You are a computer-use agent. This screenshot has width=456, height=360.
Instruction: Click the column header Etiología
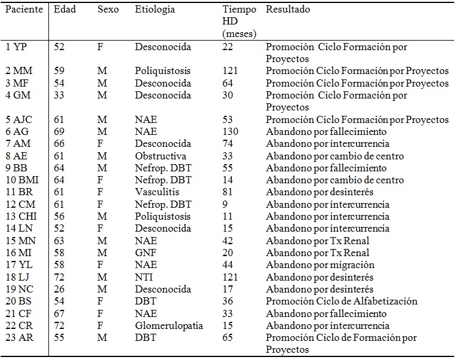click(155, 10)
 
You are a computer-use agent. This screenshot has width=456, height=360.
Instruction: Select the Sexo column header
click(108, 10)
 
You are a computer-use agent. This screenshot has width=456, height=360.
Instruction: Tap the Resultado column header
click(287, 10)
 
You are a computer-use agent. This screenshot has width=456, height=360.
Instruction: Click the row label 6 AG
click(17, 131)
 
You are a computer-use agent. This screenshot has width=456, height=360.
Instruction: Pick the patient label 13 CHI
click(22, 217)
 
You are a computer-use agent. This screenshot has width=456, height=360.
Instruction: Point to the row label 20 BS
click(19, 301)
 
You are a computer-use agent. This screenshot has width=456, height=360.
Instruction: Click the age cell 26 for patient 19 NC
click(59, 289)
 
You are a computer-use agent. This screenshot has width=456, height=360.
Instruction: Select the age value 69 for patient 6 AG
click(59, 131)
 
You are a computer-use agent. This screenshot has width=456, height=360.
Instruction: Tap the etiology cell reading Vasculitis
click(157, 192)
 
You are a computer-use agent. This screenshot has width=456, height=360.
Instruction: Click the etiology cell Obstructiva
click(160, 156)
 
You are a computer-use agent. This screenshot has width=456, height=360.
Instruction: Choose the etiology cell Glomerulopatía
click(169, 326)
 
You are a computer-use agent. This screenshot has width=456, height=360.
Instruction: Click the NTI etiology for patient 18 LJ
click(143, 277)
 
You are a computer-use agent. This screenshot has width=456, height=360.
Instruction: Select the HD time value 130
click(230, 131)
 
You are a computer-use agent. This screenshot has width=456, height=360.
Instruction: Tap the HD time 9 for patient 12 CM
click(225, 205)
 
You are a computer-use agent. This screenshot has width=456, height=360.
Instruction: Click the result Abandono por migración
click(320, 265)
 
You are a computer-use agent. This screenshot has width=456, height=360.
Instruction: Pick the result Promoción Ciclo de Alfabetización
click(341, 301)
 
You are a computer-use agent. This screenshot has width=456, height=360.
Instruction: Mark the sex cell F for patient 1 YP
click(100, 47)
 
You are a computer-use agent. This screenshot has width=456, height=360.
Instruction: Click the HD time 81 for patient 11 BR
click(228, 192)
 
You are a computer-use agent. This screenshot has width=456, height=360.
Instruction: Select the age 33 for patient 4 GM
click(59, 96)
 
